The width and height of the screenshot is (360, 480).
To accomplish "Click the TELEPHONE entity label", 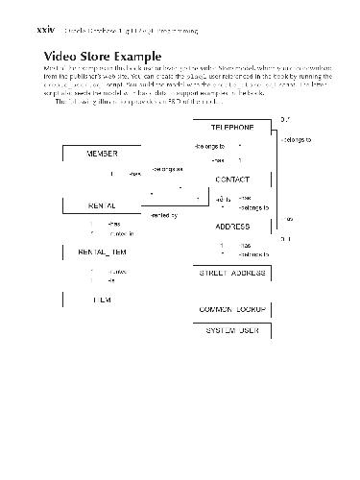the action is point(232,128).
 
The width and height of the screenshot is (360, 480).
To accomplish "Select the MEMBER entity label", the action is point(103,154).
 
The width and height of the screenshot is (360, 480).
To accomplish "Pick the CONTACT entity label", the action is point(233,180).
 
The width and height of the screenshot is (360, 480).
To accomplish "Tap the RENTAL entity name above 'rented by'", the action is point(103,205).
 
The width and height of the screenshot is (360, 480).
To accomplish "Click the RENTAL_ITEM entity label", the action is point(102,252).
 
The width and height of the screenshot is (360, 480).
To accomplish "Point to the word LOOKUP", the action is point(251,310).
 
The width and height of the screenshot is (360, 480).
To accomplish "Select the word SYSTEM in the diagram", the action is point(222,330).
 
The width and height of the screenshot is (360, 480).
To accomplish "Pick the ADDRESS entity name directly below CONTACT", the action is point(232,227).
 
